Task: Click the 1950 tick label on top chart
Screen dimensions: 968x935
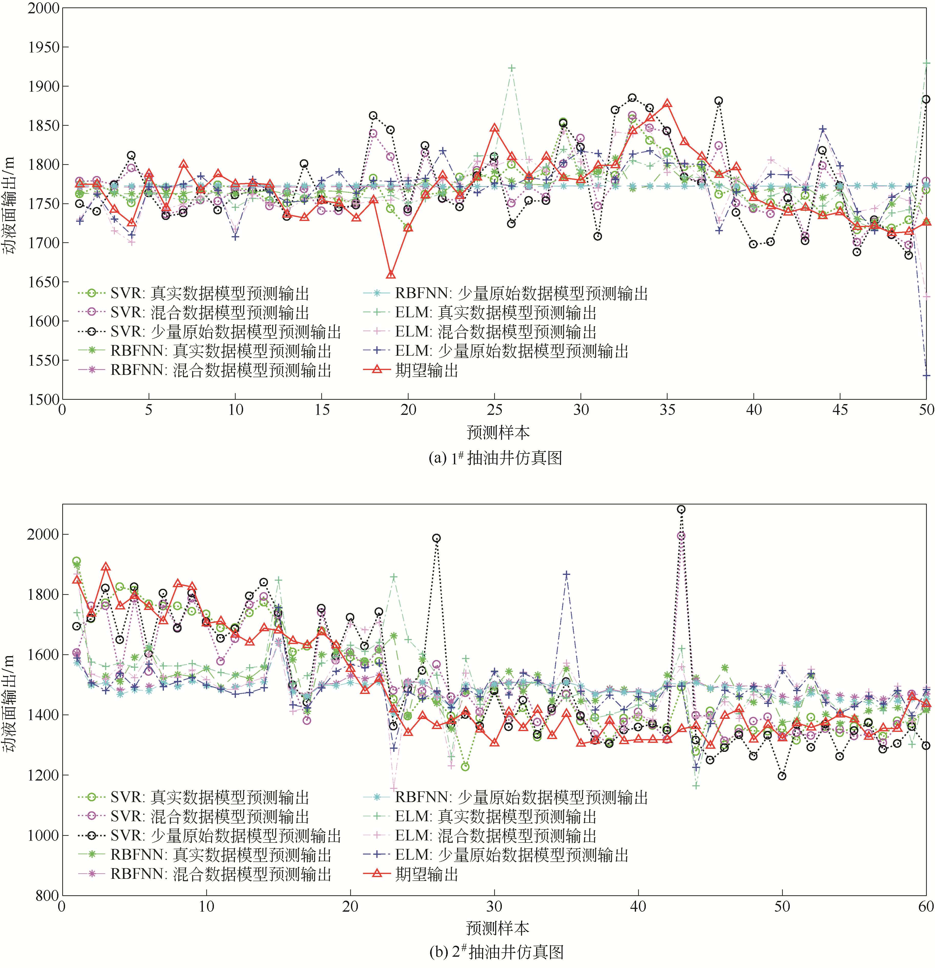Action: click(44, 47)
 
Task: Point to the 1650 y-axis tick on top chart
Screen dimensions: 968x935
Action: click(44, 282)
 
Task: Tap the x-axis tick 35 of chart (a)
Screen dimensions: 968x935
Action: click(667, 410)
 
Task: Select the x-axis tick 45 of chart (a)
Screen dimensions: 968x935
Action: click(840, 410)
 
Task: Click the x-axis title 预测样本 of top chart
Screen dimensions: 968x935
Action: click(498, 433)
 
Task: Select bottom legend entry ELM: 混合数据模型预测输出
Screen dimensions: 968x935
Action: click(495, 836)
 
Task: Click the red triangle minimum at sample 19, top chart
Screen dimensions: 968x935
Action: click(391, 275)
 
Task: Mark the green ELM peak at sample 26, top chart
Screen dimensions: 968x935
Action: click(512, 68)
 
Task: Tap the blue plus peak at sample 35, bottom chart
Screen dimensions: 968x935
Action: click(567, 574)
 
